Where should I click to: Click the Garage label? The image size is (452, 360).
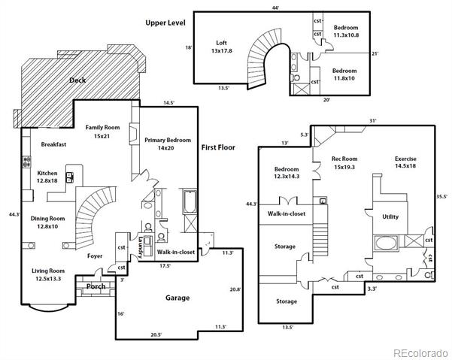[177, 298]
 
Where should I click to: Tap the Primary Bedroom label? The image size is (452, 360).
[168, 141]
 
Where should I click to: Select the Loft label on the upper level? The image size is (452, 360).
[222, 43]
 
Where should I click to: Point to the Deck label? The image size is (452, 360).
[77, 80]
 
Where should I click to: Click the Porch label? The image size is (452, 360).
[96, 286]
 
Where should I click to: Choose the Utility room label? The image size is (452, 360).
[390, 216]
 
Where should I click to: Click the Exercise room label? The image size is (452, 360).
[405, 159]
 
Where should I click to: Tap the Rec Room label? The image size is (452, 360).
[344, 159]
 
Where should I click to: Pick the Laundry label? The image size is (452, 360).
[141, 247]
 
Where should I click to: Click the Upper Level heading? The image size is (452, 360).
[165, 23]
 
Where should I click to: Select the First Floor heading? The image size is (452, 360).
[218, 147]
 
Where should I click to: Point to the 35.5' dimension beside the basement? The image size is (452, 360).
[441, 197]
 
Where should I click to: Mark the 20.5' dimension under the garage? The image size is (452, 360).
[156, 334]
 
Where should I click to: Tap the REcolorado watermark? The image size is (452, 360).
[420, 352]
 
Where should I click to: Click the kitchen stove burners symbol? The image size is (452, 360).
[27, 162]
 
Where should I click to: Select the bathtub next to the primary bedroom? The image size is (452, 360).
[190, 201]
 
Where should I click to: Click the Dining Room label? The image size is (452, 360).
[48, 219]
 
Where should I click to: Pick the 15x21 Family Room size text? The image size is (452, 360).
[102, 136]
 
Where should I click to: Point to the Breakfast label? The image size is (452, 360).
[53, 144]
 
